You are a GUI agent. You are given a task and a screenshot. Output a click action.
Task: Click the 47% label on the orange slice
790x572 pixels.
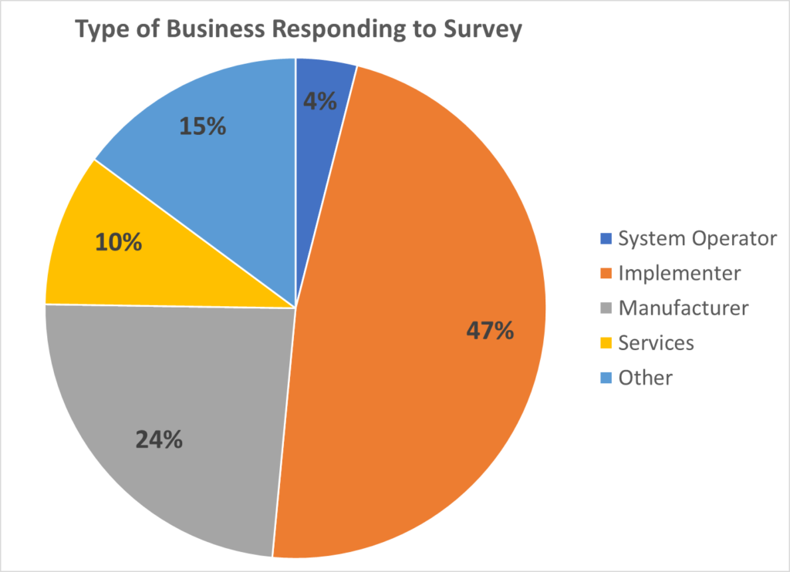(489, 331)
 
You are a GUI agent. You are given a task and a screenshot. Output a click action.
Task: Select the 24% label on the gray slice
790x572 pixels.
(159, 439)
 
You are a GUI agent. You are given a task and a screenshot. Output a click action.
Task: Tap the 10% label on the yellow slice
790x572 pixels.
(118, 242)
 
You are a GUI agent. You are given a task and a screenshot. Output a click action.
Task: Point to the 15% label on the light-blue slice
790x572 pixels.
(202, 126)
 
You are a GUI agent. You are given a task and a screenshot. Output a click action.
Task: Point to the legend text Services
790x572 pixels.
(657, 343)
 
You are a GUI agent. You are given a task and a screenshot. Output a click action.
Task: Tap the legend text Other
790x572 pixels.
(646, 378)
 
